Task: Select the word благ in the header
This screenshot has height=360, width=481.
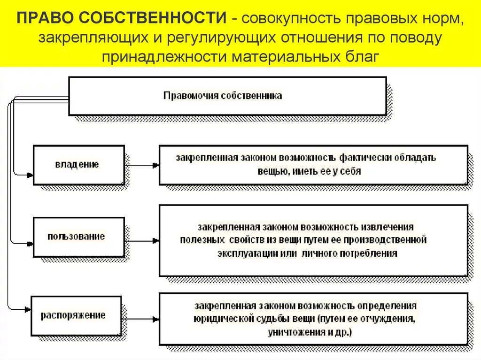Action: point(359,56)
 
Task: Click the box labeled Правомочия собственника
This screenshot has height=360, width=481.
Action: point(227,96)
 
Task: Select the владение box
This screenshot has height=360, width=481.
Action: point(78,164)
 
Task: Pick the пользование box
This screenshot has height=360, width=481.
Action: point(78,236)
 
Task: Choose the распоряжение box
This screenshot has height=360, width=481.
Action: point(76,314)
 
